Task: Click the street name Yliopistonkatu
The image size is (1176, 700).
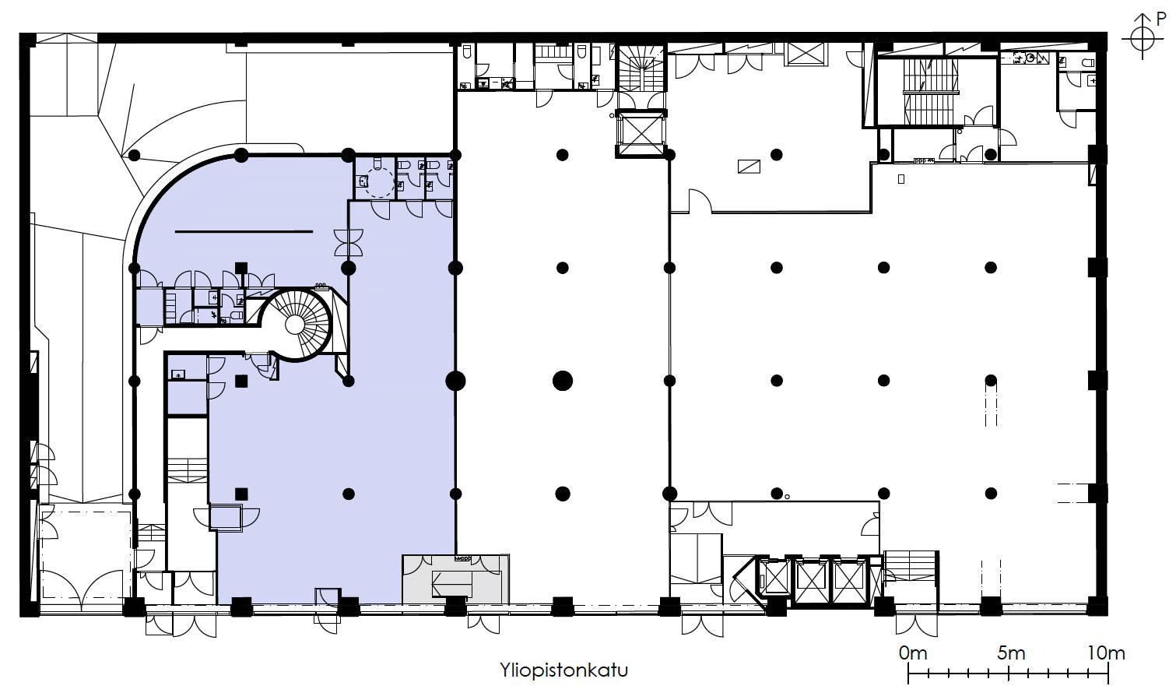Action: pos(563,670)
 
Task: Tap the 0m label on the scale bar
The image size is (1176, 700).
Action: pos(913,653)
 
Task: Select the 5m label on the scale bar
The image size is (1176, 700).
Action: pos(1011,653)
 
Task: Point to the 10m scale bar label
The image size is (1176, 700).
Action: pos(1106,653)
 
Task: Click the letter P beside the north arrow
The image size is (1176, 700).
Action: pos(1161,19)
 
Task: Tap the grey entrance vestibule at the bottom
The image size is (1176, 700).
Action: pos(456,579)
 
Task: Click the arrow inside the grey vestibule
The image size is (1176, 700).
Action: pos(451,584)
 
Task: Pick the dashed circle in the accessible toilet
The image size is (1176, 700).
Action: pos(380,182)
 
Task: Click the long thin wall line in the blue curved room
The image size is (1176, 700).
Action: pos(244,231)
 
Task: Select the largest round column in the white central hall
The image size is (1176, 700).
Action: pos(562,381)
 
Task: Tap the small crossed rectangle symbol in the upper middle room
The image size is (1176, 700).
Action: pos(749,167)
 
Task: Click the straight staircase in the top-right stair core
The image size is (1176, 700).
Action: pos(931,92)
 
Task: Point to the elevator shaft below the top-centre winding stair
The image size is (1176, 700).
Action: pos(641,133)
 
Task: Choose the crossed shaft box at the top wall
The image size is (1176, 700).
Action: pos(806,54)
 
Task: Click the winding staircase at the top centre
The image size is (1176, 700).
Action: pos(641,68)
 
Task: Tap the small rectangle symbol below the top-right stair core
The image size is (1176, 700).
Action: pos(901,179)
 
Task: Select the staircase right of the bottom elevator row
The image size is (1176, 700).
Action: pos(911,566)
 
